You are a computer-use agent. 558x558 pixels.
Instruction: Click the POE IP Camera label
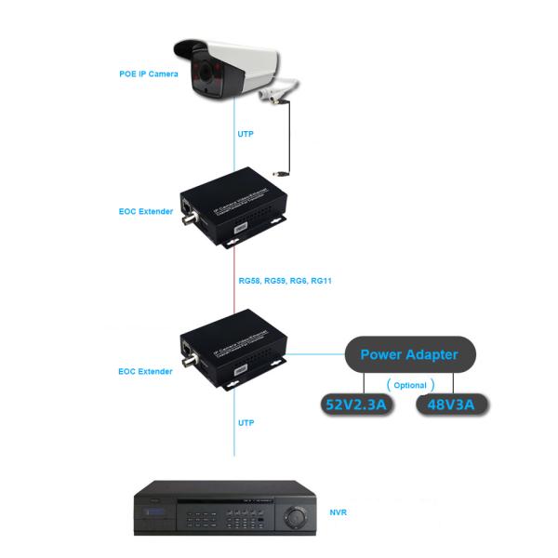pos(149,74)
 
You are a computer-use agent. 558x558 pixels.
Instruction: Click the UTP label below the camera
pos(246,135)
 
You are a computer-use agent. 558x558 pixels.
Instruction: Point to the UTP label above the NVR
pos(246,422)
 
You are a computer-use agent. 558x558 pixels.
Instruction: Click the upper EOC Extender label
pos(145,212)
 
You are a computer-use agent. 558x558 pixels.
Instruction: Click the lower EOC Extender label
pos(145,371)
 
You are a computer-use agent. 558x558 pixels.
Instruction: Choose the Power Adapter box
pos(409,354)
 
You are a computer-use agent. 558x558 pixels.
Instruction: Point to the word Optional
pos(409,384)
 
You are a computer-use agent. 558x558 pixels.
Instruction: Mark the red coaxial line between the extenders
pos(234,279)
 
